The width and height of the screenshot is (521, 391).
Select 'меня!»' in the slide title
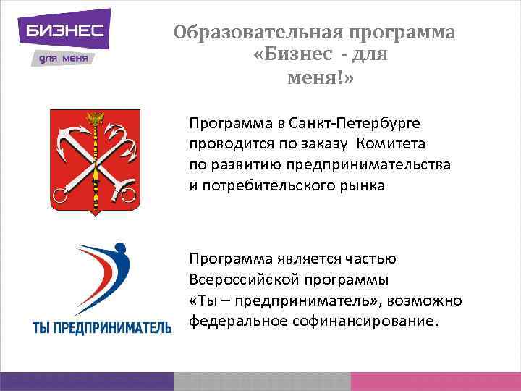321,77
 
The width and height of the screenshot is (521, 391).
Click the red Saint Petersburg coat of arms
95,161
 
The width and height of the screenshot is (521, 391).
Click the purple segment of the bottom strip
87,382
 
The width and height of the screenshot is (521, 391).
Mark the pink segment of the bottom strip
434,382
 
